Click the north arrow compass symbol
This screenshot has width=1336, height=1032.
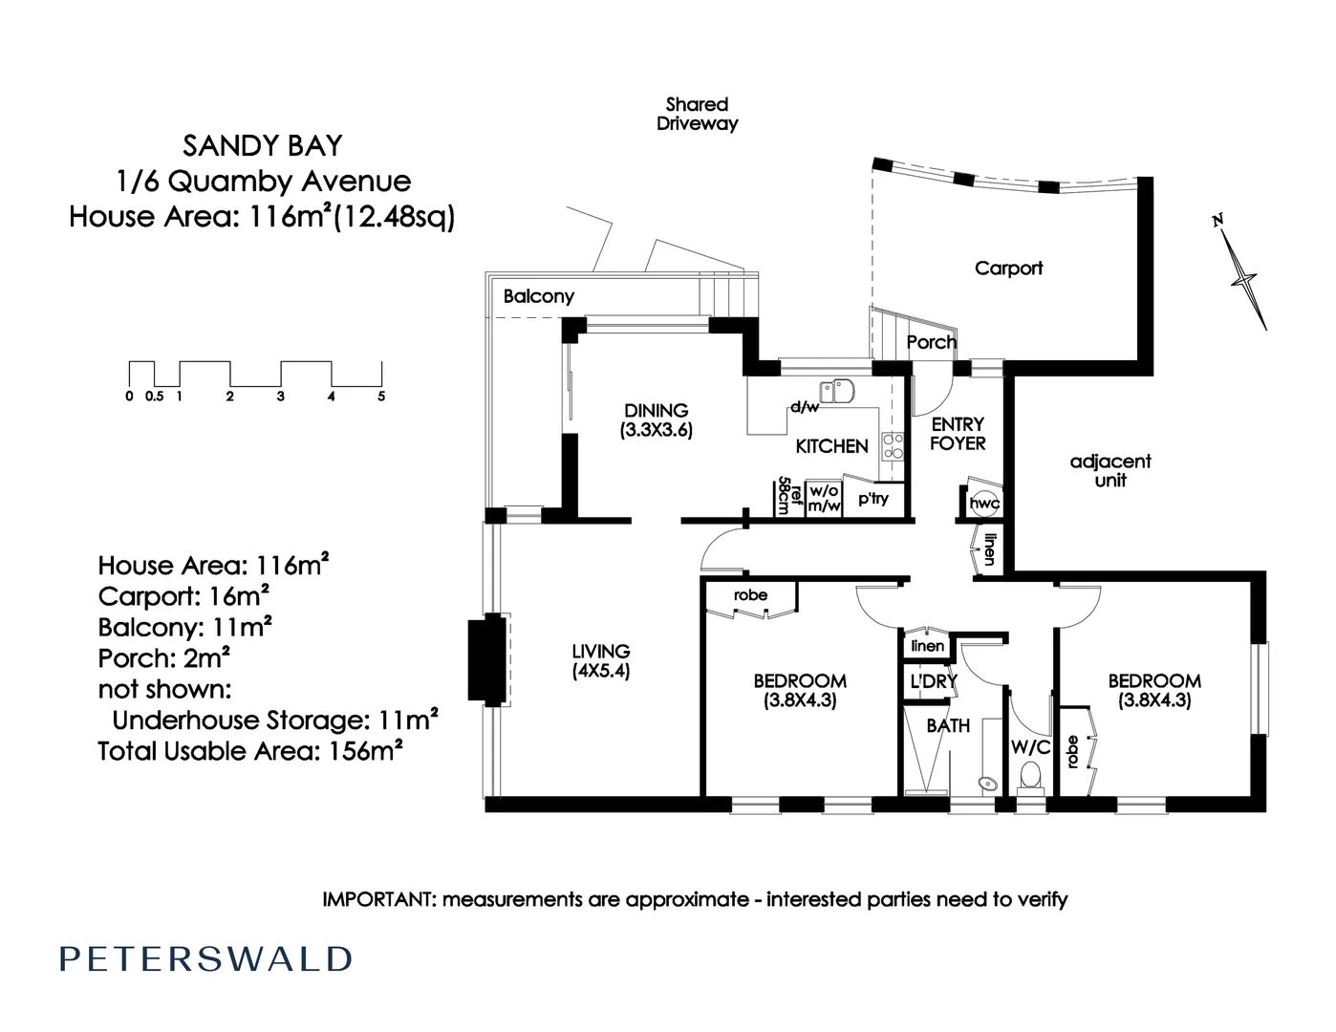(1243, 276)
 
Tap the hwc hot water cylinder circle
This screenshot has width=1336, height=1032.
(982, 504)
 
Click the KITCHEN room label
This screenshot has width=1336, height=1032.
(831, 446)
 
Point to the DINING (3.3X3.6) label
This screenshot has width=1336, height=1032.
(656, 420)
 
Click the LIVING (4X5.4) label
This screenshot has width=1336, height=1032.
(601, 661)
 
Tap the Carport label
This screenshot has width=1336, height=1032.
(1008, 269)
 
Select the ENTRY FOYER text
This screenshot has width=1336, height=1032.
(958, 434)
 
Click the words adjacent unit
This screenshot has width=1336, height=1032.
(1110, 471)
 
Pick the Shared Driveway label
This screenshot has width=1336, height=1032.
(697, 114)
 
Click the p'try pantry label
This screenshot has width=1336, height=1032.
(873, 499)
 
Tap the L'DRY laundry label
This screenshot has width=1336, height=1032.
(933, 682)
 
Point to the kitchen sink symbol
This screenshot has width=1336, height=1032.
(843, 390)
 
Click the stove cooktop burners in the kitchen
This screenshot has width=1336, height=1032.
(893, 445)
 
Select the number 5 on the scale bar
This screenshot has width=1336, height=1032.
(381, 397)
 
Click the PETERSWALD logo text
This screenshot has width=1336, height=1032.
(206, 959)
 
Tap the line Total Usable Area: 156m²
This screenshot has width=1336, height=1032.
(249, 751)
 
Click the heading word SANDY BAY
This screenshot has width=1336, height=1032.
(262, 146)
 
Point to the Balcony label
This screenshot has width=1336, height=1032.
(539, 296)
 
